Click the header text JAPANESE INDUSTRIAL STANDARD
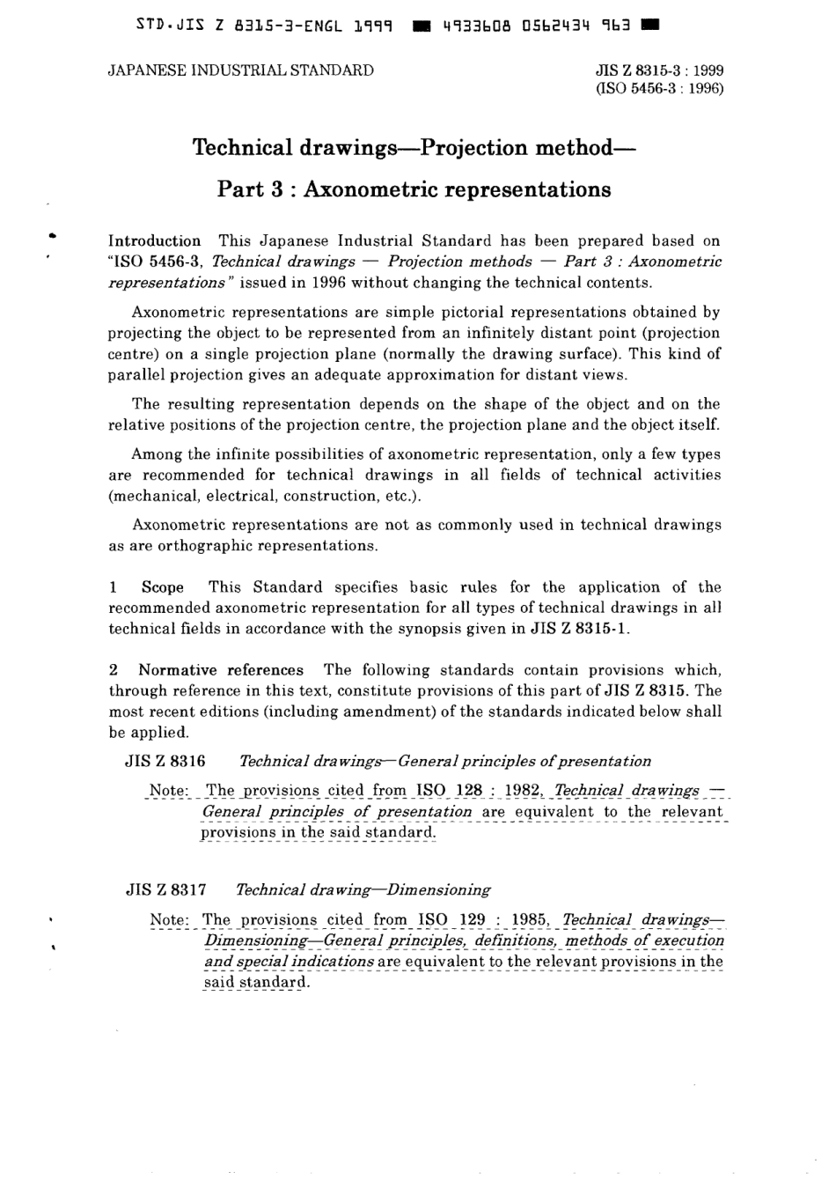click(240, 70)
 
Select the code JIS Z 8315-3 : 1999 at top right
click(659, 71)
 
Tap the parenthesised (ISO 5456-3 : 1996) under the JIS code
click(659, 89)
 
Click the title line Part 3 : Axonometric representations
click(414, 189)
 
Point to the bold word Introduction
click(154, 240)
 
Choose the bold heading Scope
click(163, 587)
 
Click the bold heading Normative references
click(221, 670)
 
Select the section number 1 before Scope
click(113, 587)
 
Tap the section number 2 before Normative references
click(114, 670)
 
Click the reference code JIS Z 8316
click(165, 762)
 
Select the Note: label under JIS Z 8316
click(169, 791)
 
